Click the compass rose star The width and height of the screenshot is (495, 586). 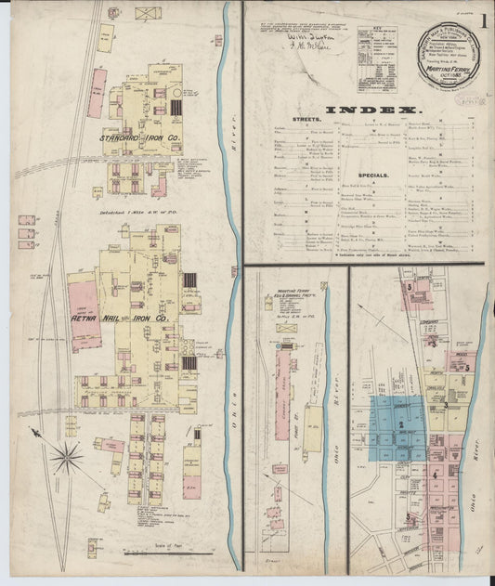tap(66, 456)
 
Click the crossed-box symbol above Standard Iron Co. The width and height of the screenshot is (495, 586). tap(148, 13)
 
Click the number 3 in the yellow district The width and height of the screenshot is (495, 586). tap(445, 405)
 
